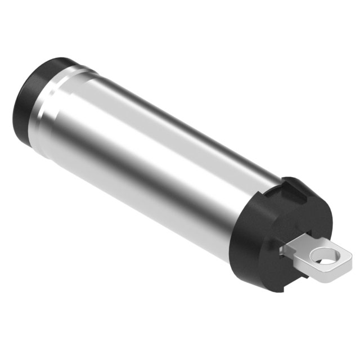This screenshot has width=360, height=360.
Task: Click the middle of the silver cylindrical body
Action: coord(157,157)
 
